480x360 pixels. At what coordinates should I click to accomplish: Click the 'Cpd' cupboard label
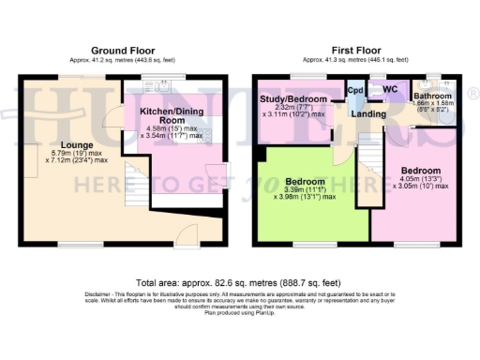tap(355, 91)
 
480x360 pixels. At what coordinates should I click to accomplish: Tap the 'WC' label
tap(389, 91)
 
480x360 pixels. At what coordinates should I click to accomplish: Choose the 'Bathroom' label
tap(433, 96)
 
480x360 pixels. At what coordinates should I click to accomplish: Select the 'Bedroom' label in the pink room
tap(419, 171)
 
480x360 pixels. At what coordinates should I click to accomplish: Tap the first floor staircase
tap(372, 169)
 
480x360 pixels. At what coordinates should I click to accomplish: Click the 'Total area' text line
tap(239, 282)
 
